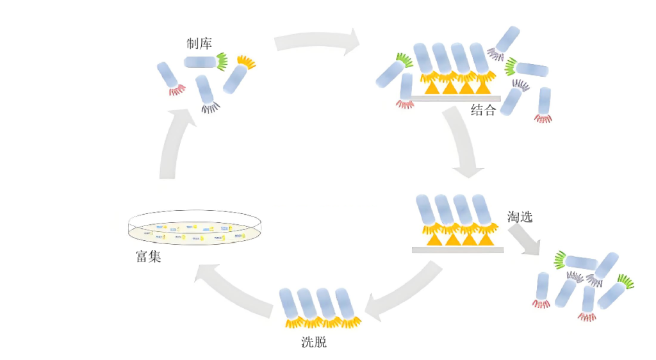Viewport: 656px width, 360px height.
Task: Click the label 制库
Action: tap(199, 44)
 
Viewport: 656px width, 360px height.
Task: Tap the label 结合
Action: tap(483, 110)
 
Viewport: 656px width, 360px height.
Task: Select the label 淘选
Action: tap(520, 217)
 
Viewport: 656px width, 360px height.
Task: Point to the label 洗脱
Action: tap(314, 342)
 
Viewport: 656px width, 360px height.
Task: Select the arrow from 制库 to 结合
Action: tap(316, 43)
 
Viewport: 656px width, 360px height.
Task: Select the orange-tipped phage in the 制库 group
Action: tap(238, 75)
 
